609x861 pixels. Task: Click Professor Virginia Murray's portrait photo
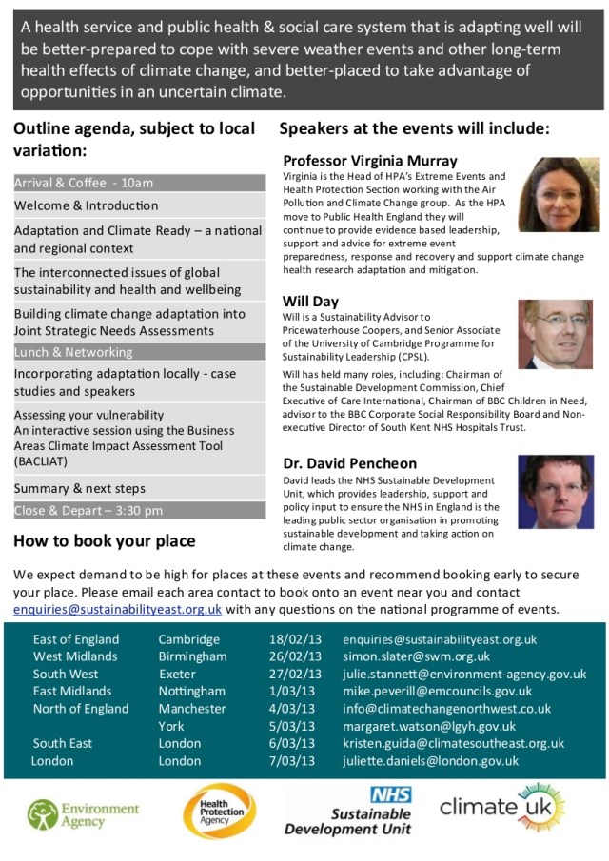[559, 195]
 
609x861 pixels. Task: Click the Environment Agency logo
[83, 814]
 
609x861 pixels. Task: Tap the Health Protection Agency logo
[219, 812]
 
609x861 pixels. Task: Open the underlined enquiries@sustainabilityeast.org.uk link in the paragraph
[118, 609]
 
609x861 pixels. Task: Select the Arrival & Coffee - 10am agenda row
[139, 183]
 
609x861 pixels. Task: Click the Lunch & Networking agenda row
[139, 351]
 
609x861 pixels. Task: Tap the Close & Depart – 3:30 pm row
[139, 510]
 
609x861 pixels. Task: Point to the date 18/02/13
[296, 639]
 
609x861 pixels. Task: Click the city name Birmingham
[192, 656]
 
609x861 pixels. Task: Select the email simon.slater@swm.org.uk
[416, 656]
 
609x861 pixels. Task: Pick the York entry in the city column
[171, 726]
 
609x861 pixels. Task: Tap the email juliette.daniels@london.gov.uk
[430, 761]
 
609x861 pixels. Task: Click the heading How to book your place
[105, 541]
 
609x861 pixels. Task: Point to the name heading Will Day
[311, 301]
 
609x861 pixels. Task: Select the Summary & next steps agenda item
[80, 488]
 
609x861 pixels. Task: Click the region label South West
[66, 674]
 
